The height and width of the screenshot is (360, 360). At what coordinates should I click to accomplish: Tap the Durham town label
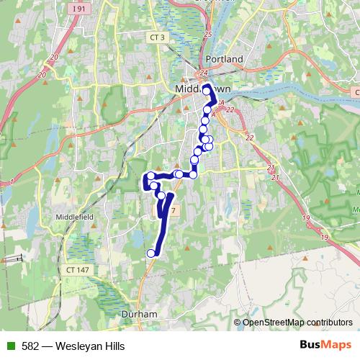[x=140, y=315]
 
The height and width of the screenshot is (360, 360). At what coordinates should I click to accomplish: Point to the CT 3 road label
[x=157, y=36]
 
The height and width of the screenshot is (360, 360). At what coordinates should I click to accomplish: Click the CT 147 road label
[x=78, y=268]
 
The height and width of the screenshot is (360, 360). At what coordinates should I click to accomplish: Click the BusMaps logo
[x=325, y=346]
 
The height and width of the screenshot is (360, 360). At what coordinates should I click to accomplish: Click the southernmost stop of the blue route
[x=151, y=253]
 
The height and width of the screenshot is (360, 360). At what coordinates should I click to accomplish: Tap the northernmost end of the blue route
[x=207, y=88]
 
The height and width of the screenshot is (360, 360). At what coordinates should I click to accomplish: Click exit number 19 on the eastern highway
[x=306, y=217]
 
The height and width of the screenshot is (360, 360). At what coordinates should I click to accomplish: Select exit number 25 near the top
[x=208, y=34]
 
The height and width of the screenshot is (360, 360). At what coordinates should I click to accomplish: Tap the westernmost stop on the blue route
[x=150, y=176]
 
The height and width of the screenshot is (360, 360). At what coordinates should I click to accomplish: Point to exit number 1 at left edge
[x=12, y=181]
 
